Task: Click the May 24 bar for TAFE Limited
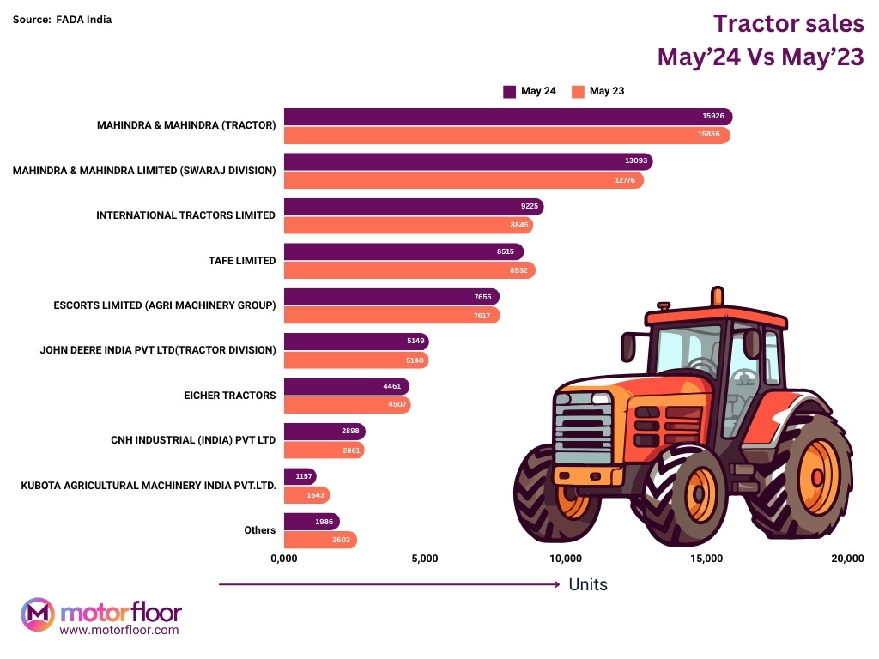click(403, 251)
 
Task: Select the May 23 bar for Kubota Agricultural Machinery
click(306, 495)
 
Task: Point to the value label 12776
click(625, 180)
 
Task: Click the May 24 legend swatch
click(509, 91)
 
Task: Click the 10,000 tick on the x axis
click(566, 559)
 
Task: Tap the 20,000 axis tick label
click(847, 559)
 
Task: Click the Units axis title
click(588, 584)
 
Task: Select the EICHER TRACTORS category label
click(230, 396)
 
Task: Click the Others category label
click(259, 530)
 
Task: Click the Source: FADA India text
click(62, 19)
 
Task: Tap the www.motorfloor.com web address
click(119, 630)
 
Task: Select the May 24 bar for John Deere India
click(355, 342)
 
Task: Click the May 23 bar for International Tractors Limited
click(408, 225)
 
